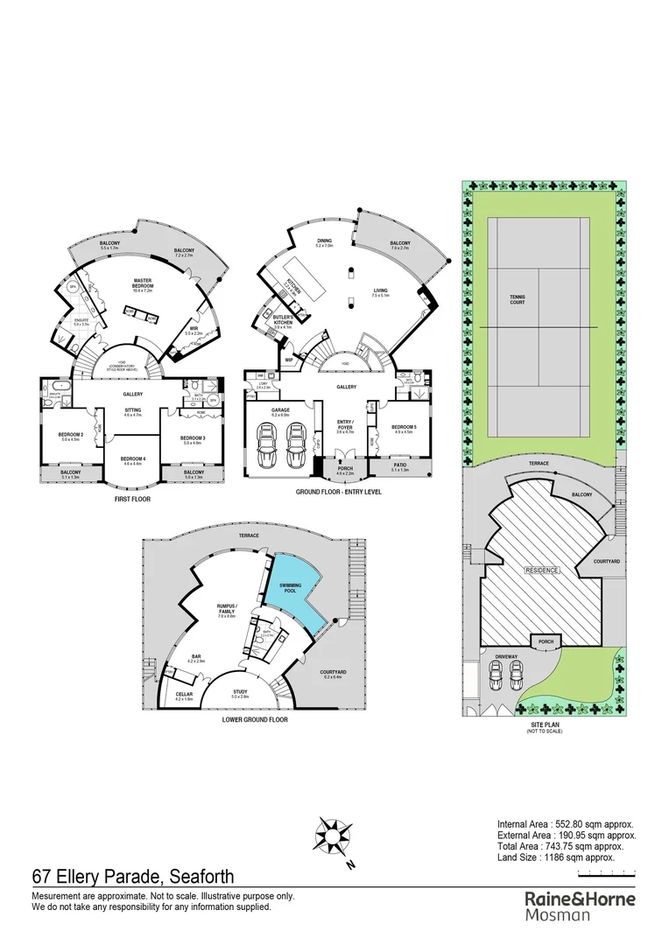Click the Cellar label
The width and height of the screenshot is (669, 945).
coord(183,694)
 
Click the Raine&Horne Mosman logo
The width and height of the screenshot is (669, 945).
coord(580,906)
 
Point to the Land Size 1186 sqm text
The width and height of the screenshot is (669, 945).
coord(555,857)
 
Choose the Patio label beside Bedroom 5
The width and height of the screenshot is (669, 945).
coord(398,465)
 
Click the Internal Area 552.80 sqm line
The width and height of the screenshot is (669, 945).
coord(565,824)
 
